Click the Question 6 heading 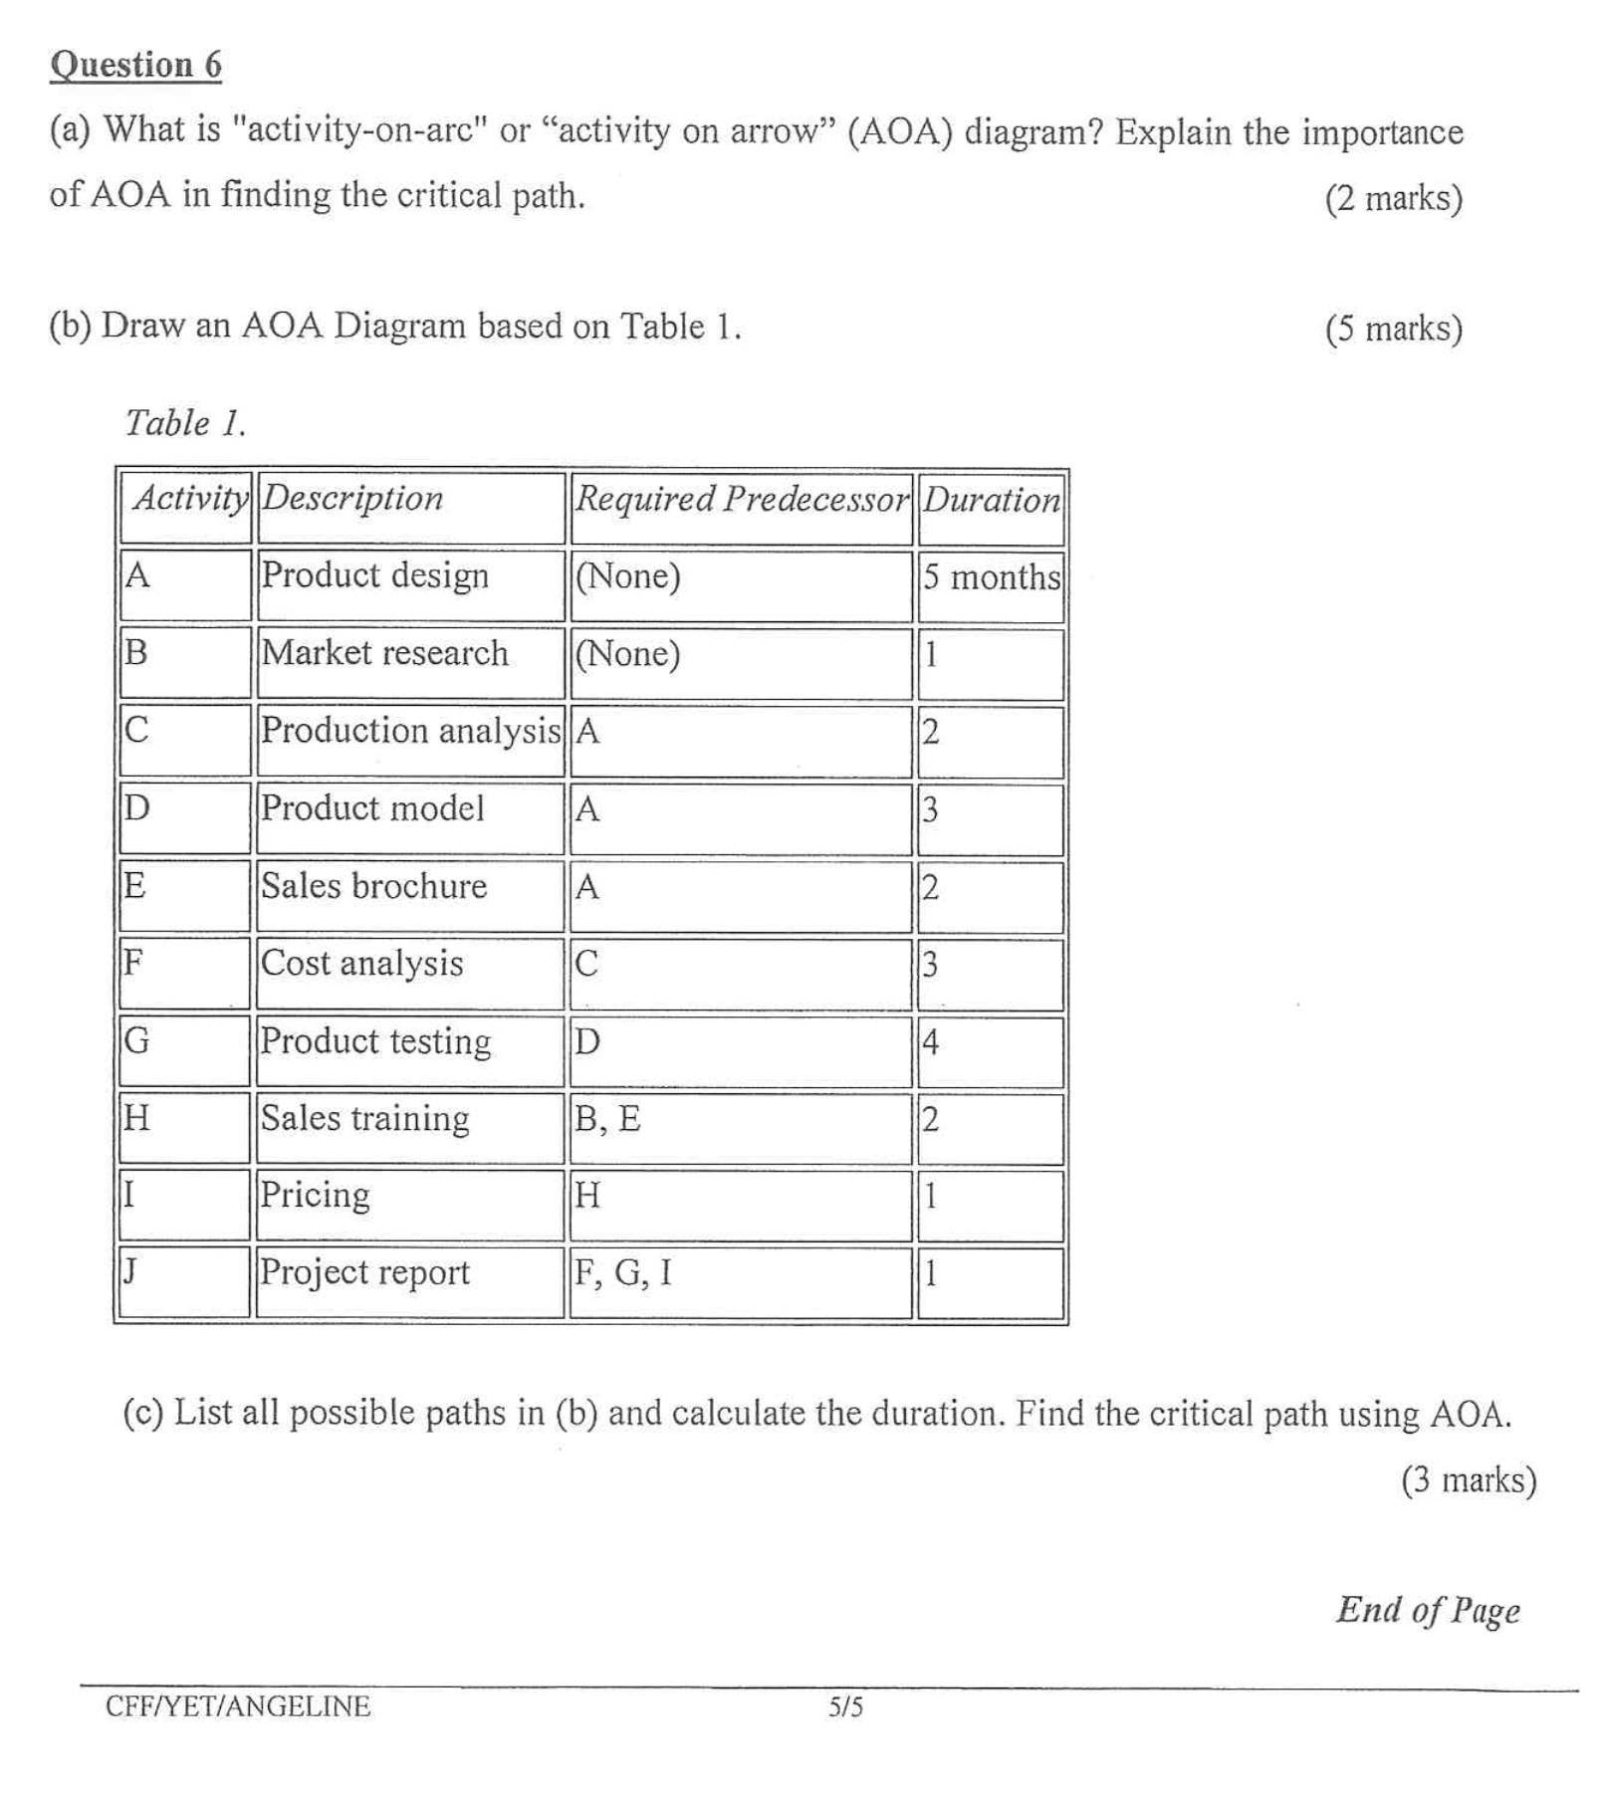coord(135,65)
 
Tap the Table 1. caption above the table coord(185,423)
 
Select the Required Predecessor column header coord(742,499)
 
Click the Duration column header coord(991,500)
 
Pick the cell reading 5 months coord(991,577)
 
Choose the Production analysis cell coord(410,731)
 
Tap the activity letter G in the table coord(136,1041)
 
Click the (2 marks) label coord(1393,198)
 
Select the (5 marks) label coord(1393,328)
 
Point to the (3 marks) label coord(1469,1480)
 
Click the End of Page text coord(1428,1610)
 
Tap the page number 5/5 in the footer coord(845,1707)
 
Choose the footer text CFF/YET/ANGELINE coord(238,1706)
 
